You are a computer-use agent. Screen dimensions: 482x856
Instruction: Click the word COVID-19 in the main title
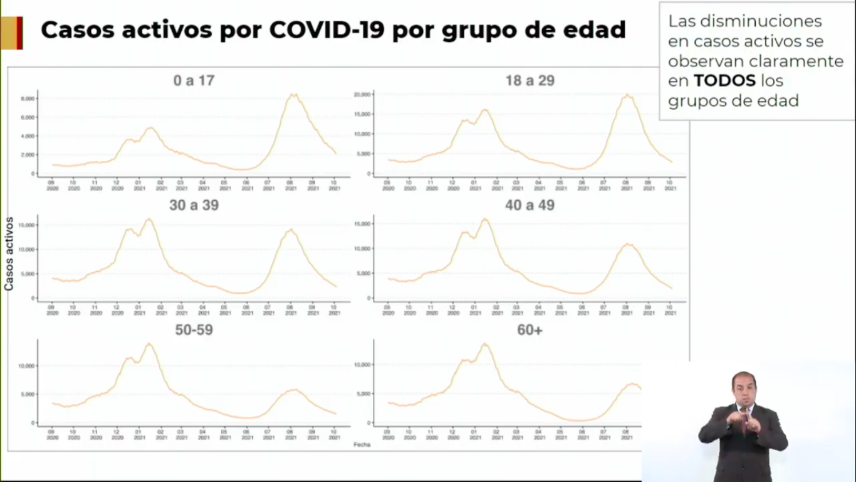coord(326,29)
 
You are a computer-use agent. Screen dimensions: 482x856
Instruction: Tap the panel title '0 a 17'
coord(194,81)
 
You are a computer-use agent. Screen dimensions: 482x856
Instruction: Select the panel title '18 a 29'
coord(530,81)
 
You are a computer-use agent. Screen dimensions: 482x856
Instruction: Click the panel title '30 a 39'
coord(194,205)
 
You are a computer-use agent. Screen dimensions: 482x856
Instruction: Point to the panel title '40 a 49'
coord(530,205)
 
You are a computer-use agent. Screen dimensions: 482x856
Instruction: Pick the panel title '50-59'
coord(194,329)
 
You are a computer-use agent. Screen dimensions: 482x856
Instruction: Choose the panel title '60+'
coord(530,329)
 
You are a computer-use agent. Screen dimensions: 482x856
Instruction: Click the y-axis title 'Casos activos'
coord(9,254)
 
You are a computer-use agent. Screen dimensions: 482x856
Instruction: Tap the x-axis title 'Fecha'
coord(362,444)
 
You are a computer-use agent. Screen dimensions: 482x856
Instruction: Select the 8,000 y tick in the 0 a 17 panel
coord(27,99)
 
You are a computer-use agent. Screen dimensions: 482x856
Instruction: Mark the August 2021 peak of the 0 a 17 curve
coord(293,95)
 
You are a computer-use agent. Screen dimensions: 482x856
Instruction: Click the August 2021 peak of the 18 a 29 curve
coord(627,95)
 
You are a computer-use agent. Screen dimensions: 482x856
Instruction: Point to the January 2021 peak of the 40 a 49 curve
coord(485,219)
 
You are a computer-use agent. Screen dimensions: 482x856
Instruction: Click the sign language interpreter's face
coord(744,389)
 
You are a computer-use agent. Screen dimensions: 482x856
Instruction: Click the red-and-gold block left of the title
coord(11,33)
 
